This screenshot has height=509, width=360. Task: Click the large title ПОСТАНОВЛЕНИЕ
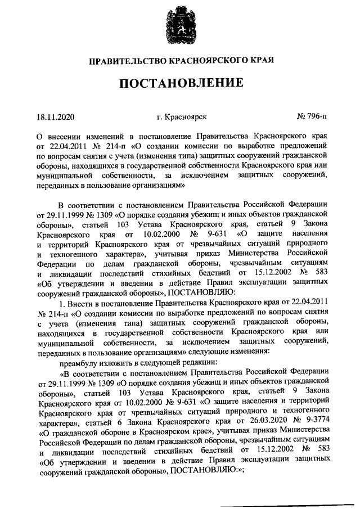click(x=180, y=84)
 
